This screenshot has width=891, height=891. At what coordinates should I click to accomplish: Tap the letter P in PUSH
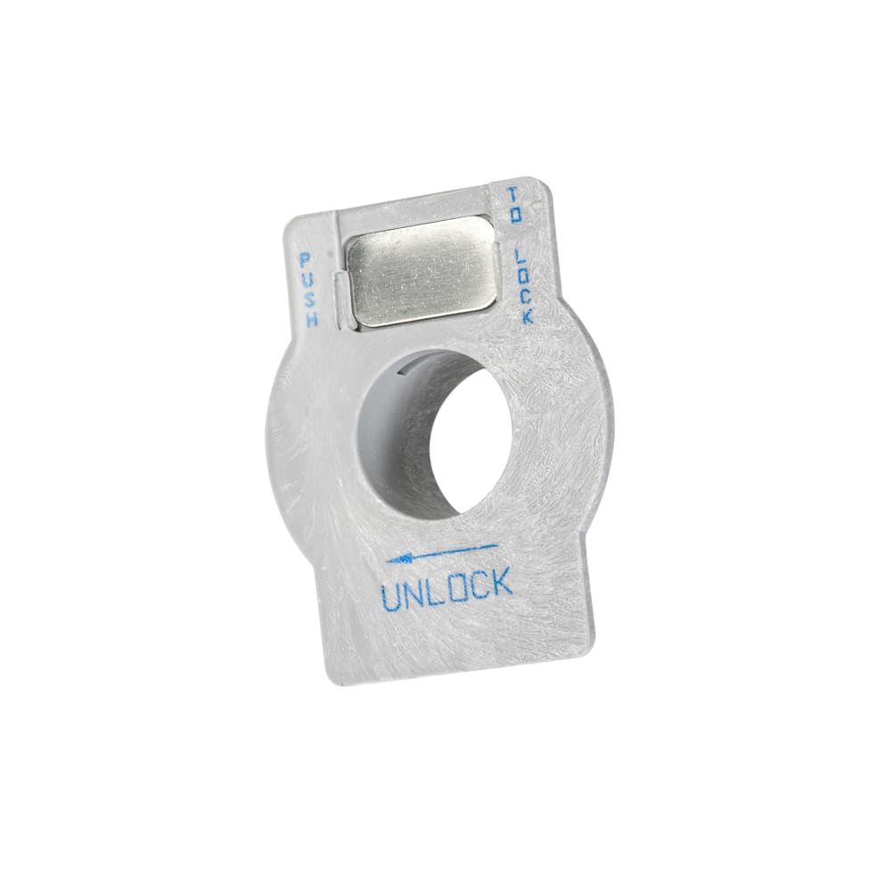coord(305,260)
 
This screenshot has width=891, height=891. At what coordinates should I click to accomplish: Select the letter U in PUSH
coord(307,280)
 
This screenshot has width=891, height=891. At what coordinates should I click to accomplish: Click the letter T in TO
coord(513,196)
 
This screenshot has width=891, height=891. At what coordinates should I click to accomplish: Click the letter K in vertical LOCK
coord(527,316)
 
